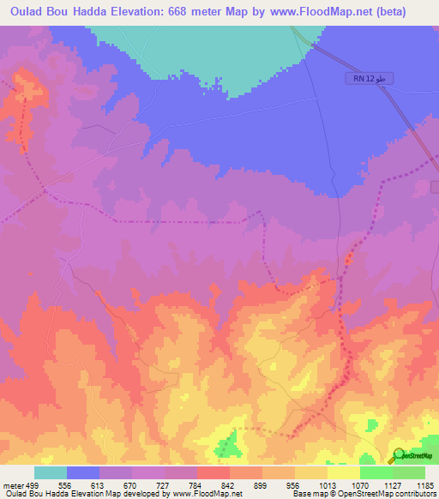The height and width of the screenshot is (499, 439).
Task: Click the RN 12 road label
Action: click(363, 79)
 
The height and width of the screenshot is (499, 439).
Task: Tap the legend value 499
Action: click(33, 485)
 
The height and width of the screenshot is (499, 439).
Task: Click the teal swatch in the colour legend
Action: click(50, 472)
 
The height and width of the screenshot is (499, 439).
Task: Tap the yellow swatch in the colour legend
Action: click(343, 472)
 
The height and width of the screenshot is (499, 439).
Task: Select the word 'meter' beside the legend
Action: click(13, 485)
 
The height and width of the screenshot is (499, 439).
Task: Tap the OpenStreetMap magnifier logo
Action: click(400, 454)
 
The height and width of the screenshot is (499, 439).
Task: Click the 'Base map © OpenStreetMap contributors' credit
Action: click(364, 495)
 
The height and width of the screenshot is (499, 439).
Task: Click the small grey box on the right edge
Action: click(435, 186)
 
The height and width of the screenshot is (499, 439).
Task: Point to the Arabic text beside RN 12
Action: click(384, 79)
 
